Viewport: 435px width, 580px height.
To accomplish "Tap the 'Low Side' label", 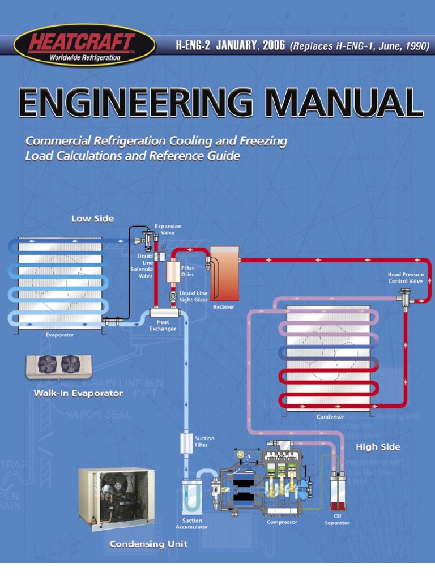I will (x=92, y=219).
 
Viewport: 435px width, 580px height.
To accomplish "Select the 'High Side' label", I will (x=378, y=447).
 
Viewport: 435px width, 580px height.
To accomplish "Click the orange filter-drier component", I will (x=173, y=272).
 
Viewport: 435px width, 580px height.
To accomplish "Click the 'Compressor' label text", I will (x=282, y=522).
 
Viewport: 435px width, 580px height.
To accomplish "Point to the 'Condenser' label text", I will (x=330, y=417).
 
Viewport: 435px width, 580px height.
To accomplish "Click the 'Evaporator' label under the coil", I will (x=60, y=335).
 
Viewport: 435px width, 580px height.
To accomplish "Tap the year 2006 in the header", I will (x=271, y=46).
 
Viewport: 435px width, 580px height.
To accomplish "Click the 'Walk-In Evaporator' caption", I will (x=78, y=393).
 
